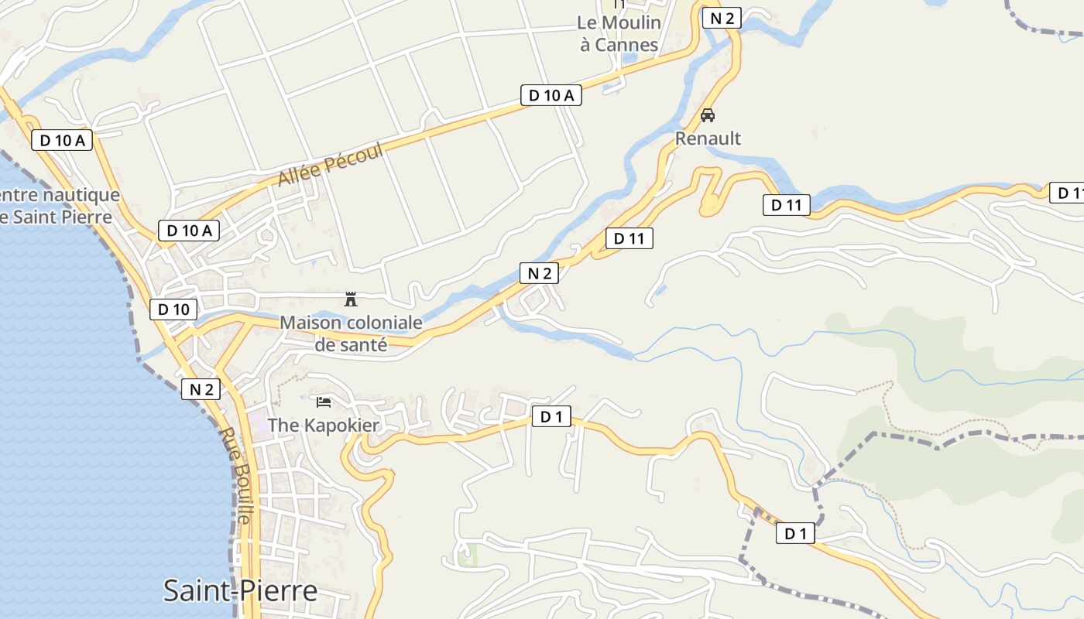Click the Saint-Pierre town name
(x=240, y=591)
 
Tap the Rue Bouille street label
(x=237, y=476)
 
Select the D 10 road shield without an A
(x=173, y=309)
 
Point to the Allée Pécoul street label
(x=331, y=165)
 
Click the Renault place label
(x=708, y=139)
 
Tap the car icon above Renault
(x=707, y=115)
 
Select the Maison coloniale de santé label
(x=351, y=333)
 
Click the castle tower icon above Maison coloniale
(x=351, y=299)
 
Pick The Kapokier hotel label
(x=324, y=426)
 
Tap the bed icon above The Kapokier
(x=324, y=402)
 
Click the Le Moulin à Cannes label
(x=619, y=33)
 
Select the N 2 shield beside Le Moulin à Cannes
(x=722, y=19)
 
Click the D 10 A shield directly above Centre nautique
(x=62, y=140)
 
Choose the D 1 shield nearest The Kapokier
(x=551, y=417)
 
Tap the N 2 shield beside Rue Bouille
(x=201, y=389)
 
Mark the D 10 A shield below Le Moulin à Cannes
(x=551, y=95)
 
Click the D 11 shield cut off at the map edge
(x=1067, y=193)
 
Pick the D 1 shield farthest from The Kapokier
(x=795, y=533)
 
